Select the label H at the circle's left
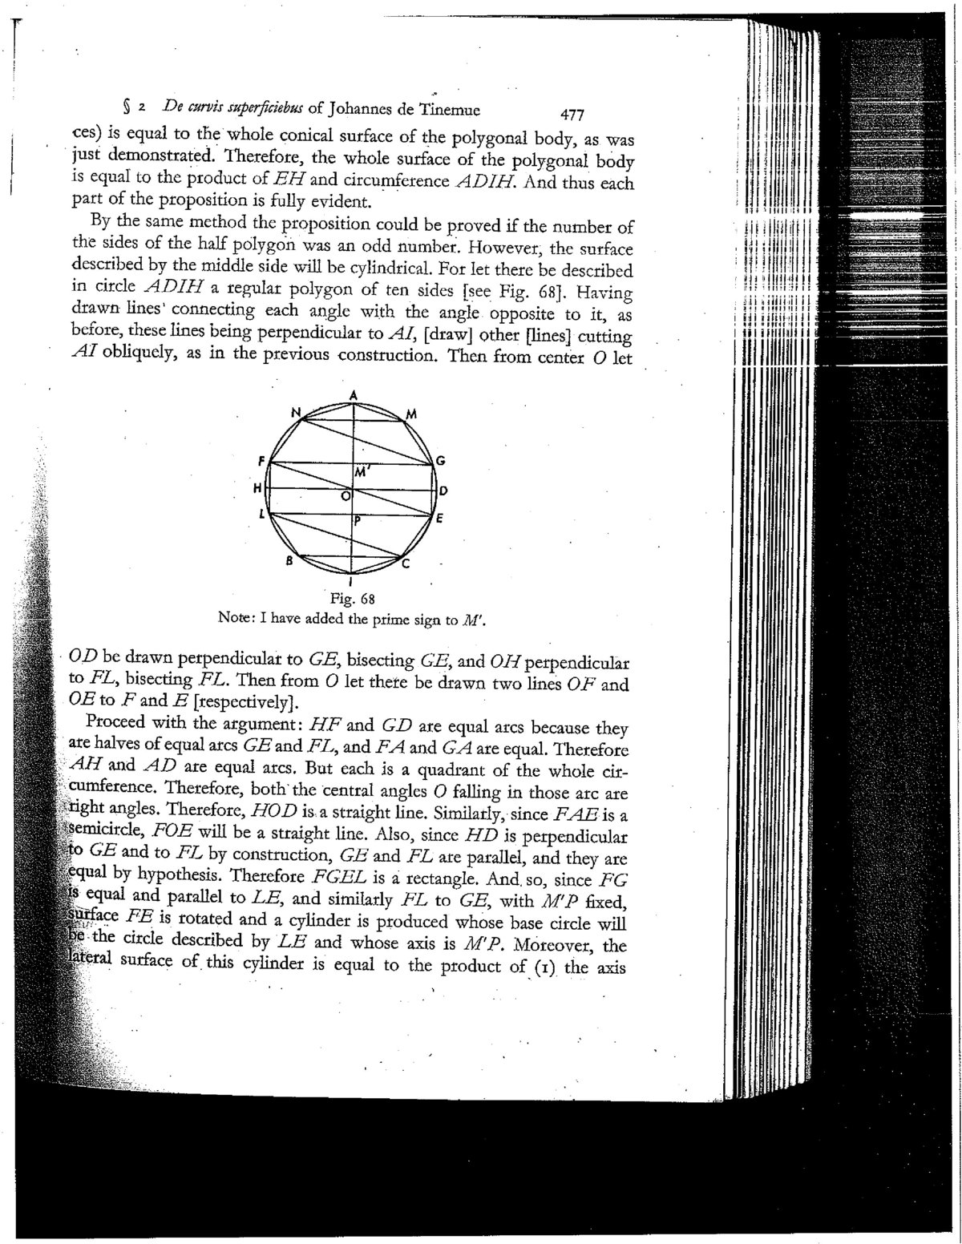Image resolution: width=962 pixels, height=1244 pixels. tap(257, 487)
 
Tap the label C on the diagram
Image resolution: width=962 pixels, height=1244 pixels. tap(406, 564)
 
